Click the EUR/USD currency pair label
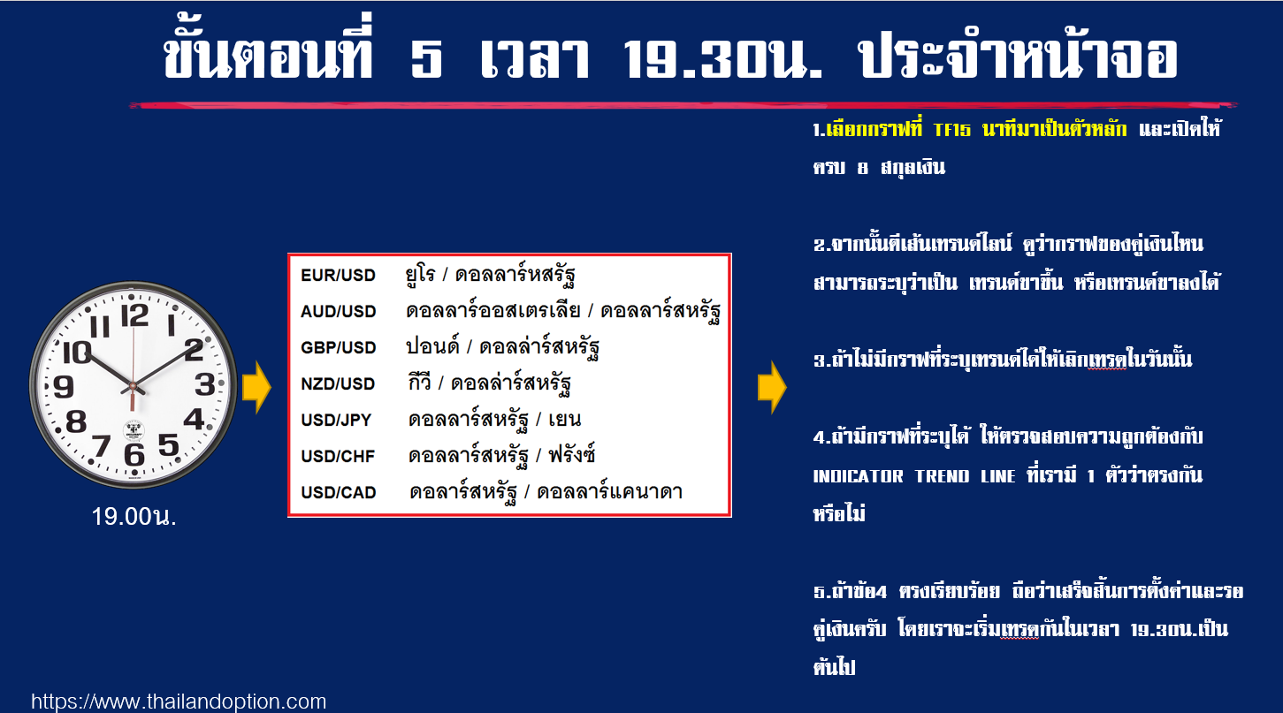point(338,276)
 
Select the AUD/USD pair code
point(339,311)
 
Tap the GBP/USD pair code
point(339,347)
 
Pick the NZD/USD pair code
point(338,383)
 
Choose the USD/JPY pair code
point(336,420)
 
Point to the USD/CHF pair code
point(338,456)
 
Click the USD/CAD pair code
point(339,492)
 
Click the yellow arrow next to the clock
point(256,387)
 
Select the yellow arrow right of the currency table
point(772,387)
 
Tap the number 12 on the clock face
point(134,315)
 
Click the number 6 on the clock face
point(134,455)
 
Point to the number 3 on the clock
point(205,384)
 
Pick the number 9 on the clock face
point(63,386)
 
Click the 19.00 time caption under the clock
point(134,517)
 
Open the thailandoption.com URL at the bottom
point(179,702)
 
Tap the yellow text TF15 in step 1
point(952,130)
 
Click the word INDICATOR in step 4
point(858,476)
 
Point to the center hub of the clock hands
point(133,387)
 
